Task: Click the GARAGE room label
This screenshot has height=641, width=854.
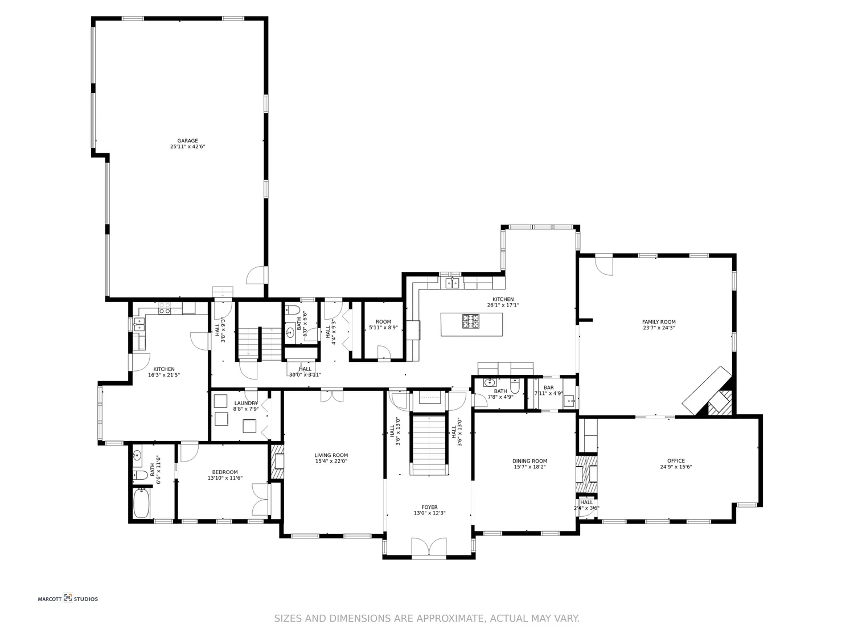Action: pyautogui.click(x=187, y=141)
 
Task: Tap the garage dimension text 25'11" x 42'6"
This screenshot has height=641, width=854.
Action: pyautogui.click(x=187, y=147)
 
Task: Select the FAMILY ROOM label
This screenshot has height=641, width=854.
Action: pyautogui.click(x=659, y=322)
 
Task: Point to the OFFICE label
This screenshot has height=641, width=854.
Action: pyautogui.click(x=676, y=461)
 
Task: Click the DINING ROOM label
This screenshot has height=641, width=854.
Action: pyautogui.click(x=529, y=461)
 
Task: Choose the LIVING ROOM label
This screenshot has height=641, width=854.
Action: pyautogui.click(x=331, y=455)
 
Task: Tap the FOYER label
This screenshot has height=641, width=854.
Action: pyautogui.click(x=429, y=507)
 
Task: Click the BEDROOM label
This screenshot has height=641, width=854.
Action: pyautogui.click(x=225, y=472)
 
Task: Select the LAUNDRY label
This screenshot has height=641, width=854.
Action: pyautogui.click(x=246, y=403)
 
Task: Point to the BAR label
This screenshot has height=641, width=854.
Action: pyautogui.click(x=548, y=387)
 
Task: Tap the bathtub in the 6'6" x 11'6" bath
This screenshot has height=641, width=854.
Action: pyautogui.click(x=141, y=503)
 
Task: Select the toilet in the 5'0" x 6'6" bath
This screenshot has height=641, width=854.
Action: pyautogui.click(x=293, y=311)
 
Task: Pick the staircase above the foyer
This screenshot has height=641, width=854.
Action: pyautogui.click(x=429, y=444)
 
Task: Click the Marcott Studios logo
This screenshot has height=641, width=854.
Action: pyautogui.click(x=68, y=599)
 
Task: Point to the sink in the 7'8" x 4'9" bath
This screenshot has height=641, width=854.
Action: pyautogui.click(x=489, y=382)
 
